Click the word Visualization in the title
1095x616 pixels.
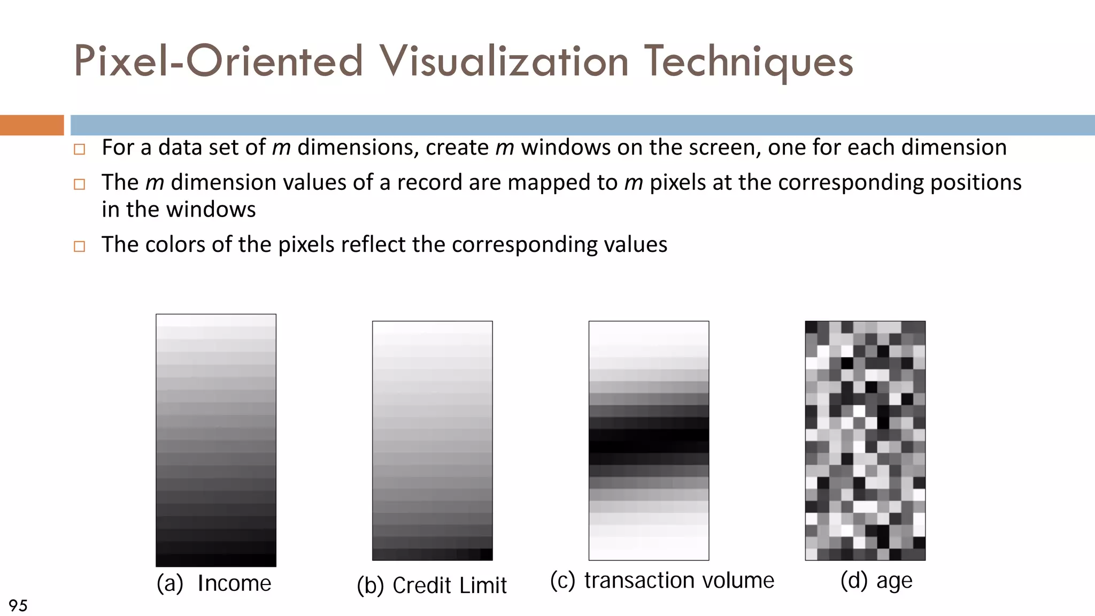point(504,61)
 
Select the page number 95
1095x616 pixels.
point(18,605)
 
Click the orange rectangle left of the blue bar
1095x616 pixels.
point(32,125)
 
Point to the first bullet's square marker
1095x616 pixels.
point(80,149)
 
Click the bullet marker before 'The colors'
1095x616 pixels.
point(80,247)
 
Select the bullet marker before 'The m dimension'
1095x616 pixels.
point(80,184)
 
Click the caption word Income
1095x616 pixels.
point(234,583)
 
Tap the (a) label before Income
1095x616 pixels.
point(170,583)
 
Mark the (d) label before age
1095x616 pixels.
point(854,581)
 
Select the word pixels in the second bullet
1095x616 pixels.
point(677,183)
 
